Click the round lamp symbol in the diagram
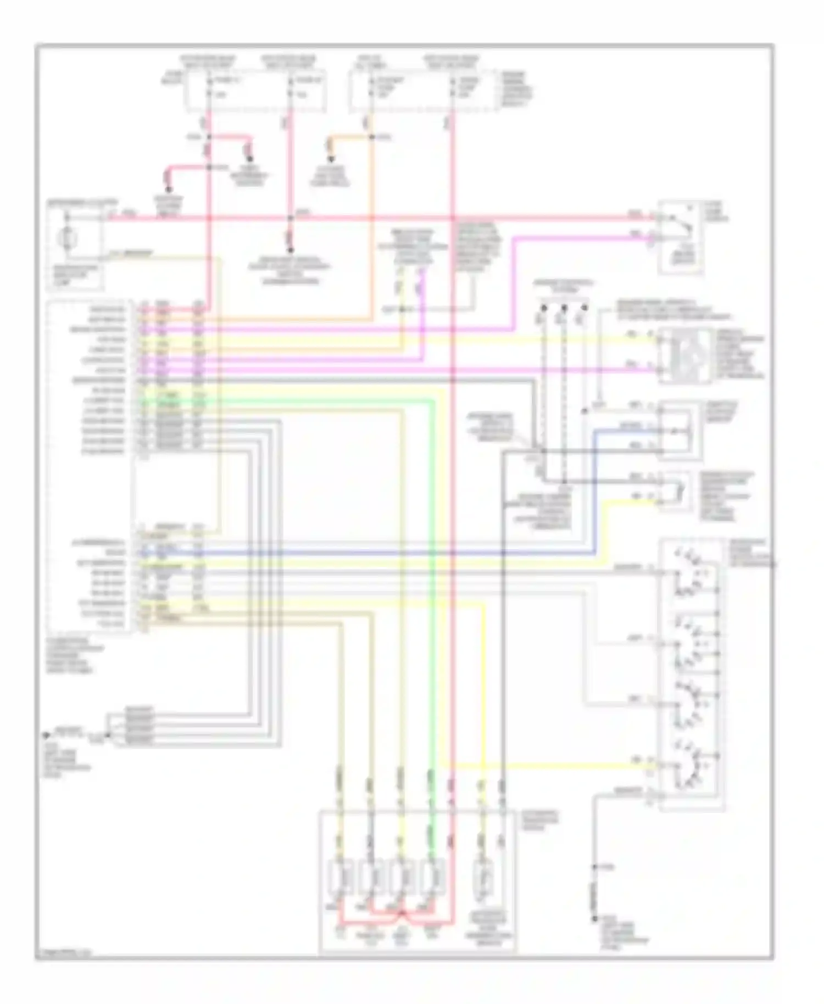tap(68, 238)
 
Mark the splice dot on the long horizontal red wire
tap(292, 217)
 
